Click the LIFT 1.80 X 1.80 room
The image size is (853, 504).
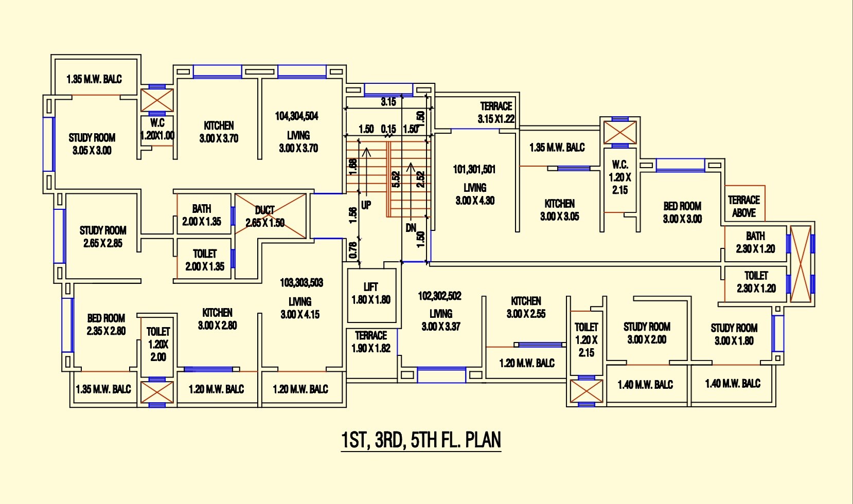click(x=371, y=294)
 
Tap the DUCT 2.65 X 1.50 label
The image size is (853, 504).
click(x=265, y=217)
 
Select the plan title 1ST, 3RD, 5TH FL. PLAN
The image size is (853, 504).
click(x=421, y=440)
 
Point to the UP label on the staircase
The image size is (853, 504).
click(x=366, y=205)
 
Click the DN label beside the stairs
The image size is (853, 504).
click(x=411, y=228)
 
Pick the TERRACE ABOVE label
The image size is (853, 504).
click(x=744, y=206)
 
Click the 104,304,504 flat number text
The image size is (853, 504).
click(x=297, y=116)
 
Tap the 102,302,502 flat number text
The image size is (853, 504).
click(x=439, y=296)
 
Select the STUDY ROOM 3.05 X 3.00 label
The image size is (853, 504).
click(x=92, y=144)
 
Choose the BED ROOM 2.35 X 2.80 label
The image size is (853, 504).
click(x=106, y=325)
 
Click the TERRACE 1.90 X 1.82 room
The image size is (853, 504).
click(x=371, y=342)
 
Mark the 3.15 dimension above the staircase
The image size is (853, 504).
click(x=388, y=102)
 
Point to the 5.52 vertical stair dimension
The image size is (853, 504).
click(x=396, y=179)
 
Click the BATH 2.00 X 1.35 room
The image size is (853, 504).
click(x=202, y=215)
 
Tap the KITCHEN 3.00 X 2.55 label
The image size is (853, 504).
click(x=526, y=307)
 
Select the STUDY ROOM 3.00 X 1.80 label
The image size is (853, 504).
click(x=734, y=334)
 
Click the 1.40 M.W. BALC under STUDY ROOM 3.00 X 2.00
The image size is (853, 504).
click(x=645, y=385)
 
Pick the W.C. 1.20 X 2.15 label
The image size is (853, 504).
click(x=620, y=177)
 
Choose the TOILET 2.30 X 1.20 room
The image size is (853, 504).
click(x=756, y=282)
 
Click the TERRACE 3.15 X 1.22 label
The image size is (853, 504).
click(x=496, y=112)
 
